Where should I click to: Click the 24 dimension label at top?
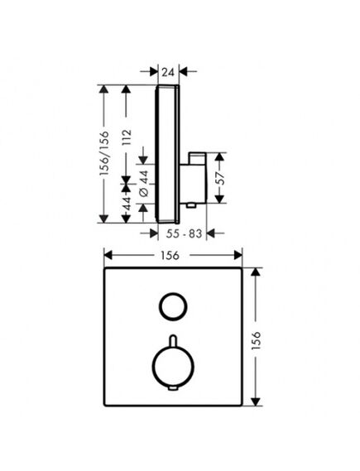pyautogui.click(x=168, y=72)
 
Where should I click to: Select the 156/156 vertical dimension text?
pyautogui.click(x=104, y=153)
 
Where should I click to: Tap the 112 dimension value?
pyautogui.click(x=127, y=137)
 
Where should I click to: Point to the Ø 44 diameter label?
pyautogui.click(x=144, y=183)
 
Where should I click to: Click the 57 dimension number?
pyautogui.click(x=221, y=178)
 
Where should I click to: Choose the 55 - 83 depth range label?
pyautogui.click(x=184, y=233)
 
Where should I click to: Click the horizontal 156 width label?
pyautogui.click(x=170, y=256)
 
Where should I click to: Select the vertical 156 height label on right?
pyautogui.click(x=256, y=340)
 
